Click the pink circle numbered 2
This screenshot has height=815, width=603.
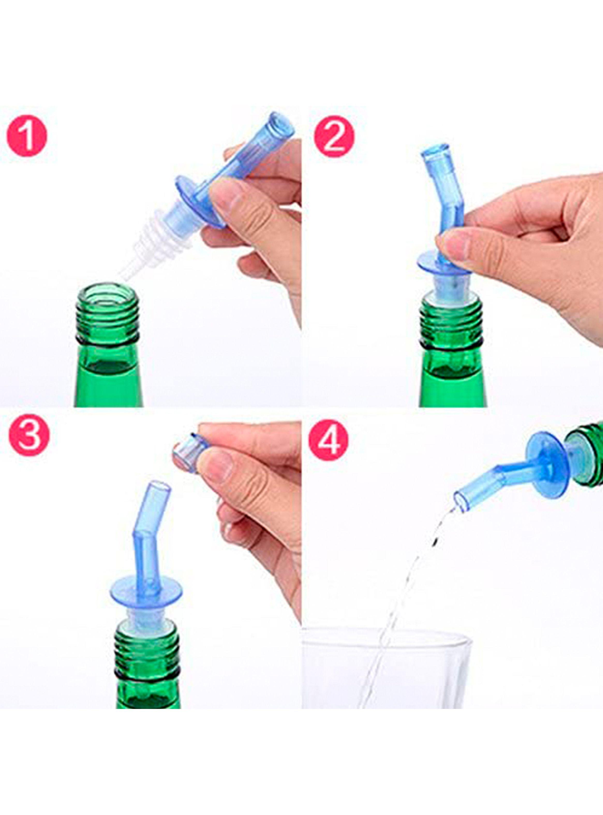334,137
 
